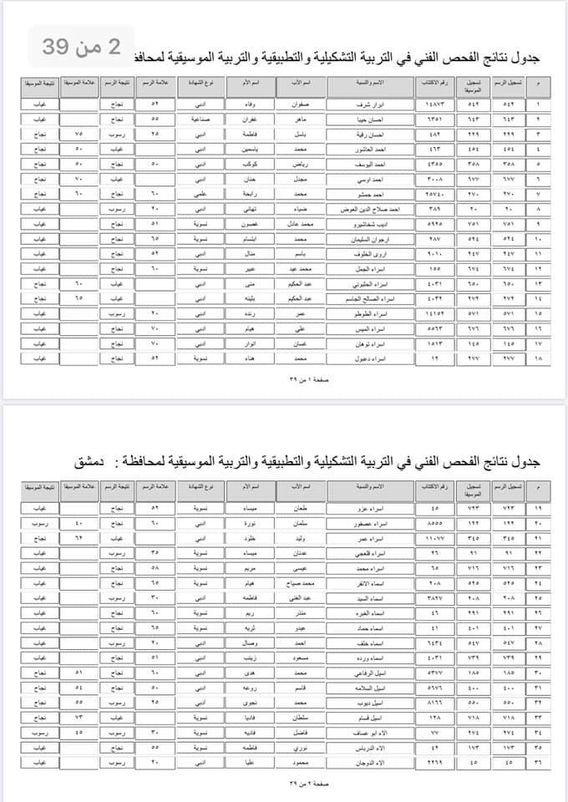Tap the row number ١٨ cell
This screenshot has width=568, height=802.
537,359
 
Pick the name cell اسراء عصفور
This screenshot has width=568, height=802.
370,522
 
